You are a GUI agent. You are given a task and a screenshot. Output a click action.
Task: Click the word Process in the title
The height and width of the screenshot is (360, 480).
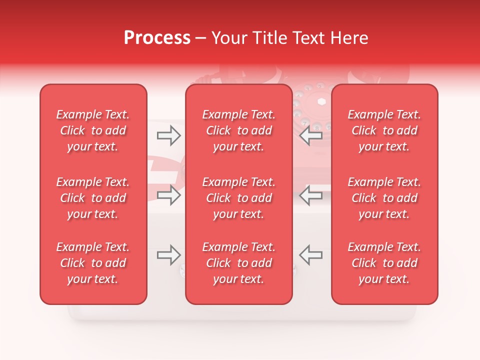pyautogui.click(x=157, y=38)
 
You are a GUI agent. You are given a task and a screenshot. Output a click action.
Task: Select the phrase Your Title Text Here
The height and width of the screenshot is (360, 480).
pyautogui.click(x=289, y=38)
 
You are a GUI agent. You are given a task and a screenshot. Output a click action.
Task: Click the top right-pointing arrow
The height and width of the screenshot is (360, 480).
pyautogui.click(x=168, y=135)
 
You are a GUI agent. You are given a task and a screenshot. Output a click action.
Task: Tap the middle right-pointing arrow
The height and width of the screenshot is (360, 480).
pyautogui.click(x=168, y=195)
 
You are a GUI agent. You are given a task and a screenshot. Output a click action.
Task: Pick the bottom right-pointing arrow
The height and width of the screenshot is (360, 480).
pyautogui.click(x=168, y=255)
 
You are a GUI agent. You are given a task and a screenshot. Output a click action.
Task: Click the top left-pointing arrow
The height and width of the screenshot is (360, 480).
pyautogui.click(x=311, y=135)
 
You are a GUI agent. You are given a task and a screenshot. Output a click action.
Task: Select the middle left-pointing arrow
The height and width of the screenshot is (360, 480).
pyautogui.click(x=311, y=195)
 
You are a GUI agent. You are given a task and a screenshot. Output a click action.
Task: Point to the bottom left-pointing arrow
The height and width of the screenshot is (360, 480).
pyautogui.click(x=311, y=255)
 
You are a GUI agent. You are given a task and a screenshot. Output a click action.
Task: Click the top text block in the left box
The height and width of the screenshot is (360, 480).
pyautogui.click(x=93, y=130)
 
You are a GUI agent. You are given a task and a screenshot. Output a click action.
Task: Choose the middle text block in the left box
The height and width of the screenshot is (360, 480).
pyautogui.click(x=93, y=198)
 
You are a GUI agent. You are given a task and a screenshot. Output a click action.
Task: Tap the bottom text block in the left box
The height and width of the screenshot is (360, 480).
pyautogui.click(x=93, y=263)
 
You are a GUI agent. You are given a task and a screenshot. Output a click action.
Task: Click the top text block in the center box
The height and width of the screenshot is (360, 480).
pyautogui.click(x=238, y=130)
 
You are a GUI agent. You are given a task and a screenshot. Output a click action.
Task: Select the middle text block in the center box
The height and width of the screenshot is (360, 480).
pyautogui.click(x=238, y=198)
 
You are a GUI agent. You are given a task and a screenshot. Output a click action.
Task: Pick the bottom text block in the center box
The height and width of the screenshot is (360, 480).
pyautogui.click(x=238, y=263)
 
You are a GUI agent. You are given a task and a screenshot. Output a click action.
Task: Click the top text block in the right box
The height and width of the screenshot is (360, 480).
pyautogui.click(x=384, y=130)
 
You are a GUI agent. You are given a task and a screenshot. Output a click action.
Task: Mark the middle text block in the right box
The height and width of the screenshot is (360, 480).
pyautogui.click(x=384, y=198)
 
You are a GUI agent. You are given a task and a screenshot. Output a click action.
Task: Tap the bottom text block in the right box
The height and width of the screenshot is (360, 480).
pyautogui.click(x=384, y=263)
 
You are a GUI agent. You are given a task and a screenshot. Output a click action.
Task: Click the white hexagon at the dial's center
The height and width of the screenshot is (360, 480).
pyautogui.click(x=321, y=101)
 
